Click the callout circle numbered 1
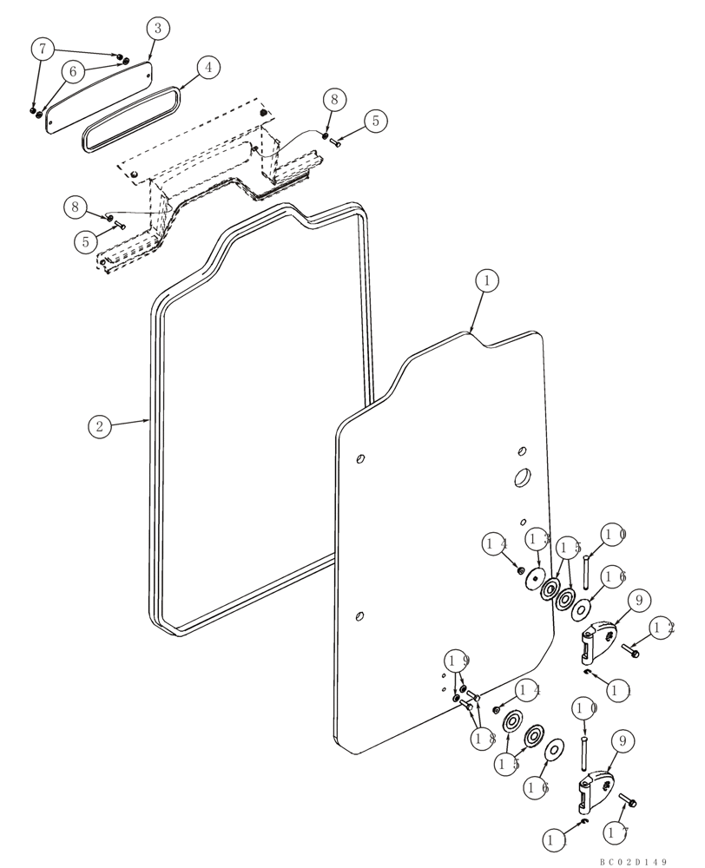(487, 280)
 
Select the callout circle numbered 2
(100, 425)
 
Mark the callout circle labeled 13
(537, 539)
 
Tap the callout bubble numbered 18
(484, 740)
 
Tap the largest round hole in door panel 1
(523, 477)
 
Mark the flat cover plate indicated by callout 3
(98, 91)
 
